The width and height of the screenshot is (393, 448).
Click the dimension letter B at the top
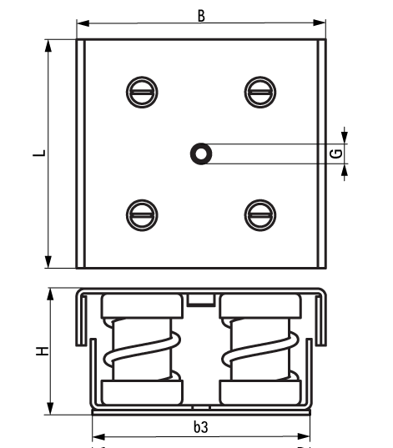pyautogui.click(x=200, y=13)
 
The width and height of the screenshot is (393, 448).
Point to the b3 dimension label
pyautogui.click(x=200, y=426)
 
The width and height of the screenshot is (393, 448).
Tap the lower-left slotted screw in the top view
pyautogui.click(x=141, y=214)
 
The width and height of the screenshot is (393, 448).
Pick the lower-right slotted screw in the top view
pyautogui.click(x=259, y=214)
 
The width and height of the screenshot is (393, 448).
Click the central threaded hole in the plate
pyautogui.click(x=200, y=153)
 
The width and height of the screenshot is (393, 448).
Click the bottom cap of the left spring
pyautogui.click(x=141, y=392)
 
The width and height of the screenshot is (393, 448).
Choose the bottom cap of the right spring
pyautogui.click(x=259, y=392)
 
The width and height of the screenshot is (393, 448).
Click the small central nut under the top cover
pyautogui.click(x=200, y=300)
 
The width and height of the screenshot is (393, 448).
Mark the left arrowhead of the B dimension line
pyautogui.click(x=82, y=23)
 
